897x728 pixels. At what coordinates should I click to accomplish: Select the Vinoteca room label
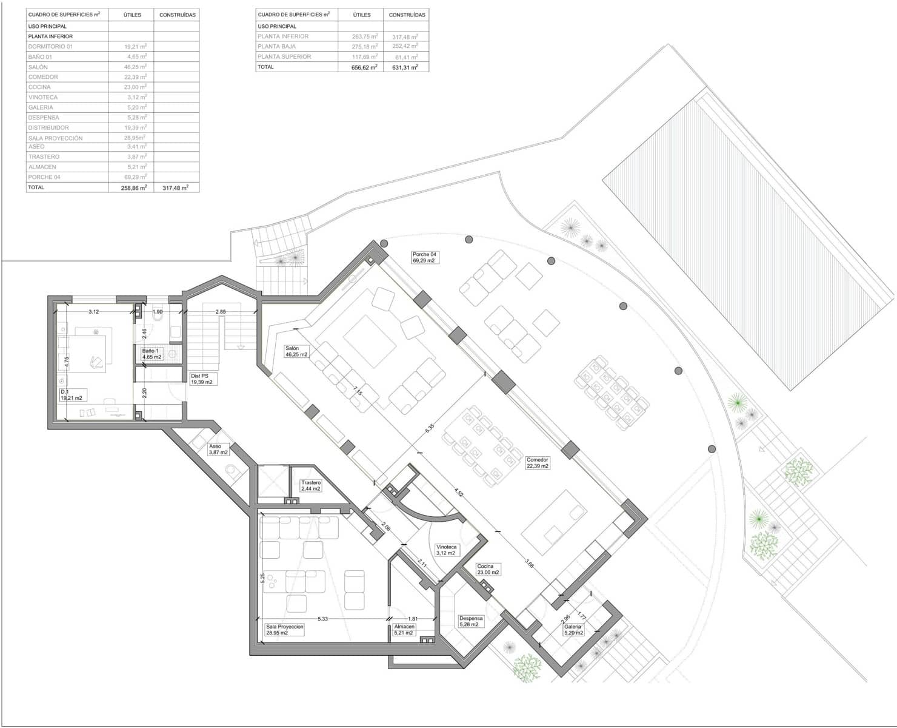pos(446,550)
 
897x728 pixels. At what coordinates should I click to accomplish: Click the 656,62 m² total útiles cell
pos(364,67)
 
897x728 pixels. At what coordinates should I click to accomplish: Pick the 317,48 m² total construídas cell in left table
pos(176,188)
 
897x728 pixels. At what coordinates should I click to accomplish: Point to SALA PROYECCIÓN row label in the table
pos(55,138)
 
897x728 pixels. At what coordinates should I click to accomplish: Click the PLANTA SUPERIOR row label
pos(284,56)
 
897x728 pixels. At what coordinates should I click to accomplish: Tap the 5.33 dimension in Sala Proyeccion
pos(322,619)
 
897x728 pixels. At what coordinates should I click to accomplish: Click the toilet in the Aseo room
pos(232,470)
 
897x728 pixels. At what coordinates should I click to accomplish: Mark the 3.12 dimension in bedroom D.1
pos(93,312)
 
